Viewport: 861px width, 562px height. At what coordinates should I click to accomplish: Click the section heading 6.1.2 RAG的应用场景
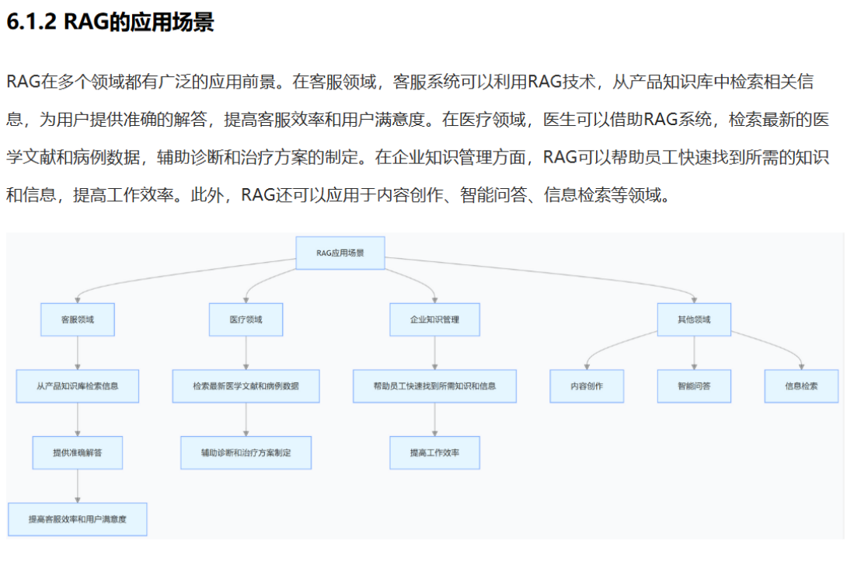click(110, 23)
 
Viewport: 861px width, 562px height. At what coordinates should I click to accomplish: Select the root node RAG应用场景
click(340, 253)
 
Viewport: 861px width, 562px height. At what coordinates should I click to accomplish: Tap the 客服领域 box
click(78, 319)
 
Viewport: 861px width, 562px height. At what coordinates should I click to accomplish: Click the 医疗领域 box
click(246, 319)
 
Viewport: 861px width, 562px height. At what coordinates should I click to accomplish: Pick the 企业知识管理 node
click(434, 319)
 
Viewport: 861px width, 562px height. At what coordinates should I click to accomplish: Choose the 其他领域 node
click(694, 319)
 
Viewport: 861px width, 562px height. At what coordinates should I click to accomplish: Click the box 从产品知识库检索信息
click(78, 386)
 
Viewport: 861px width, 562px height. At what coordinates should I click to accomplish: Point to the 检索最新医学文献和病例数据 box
click(246, 386)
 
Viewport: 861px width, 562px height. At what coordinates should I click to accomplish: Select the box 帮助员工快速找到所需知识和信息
click(434, 386)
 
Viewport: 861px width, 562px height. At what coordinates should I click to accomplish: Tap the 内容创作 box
click(587, 386)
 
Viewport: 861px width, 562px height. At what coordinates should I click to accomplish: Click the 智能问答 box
click(694, 386)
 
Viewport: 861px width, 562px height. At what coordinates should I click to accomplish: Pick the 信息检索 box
click(801, 386)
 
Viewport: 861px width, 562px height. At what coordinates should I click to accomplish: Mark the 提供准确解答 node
click(78, 452)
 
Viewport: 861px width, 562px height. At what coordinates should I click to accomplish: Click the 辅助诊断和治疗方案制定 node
click(246, 452)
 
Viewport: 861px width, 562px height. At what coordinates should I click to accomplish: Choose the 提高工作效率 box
click(434, 452)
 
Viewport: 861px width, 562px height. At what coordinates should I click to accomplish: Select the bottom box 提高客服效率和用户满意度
click(78, 518)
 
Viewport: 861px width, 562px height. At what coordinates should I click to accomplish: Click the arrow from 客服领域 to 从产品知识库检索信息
click(78, 353)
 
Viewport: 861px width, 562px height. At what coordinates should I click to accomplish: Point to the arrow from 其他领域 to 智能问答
click(694, 353)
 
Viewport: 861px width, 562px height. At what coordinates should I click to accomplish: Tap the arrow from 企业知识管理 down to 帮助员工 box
click(434, 353)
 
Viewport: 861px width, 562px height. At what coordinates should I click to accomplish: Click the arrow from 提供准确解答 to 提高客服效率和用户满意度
click(78, 486)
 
